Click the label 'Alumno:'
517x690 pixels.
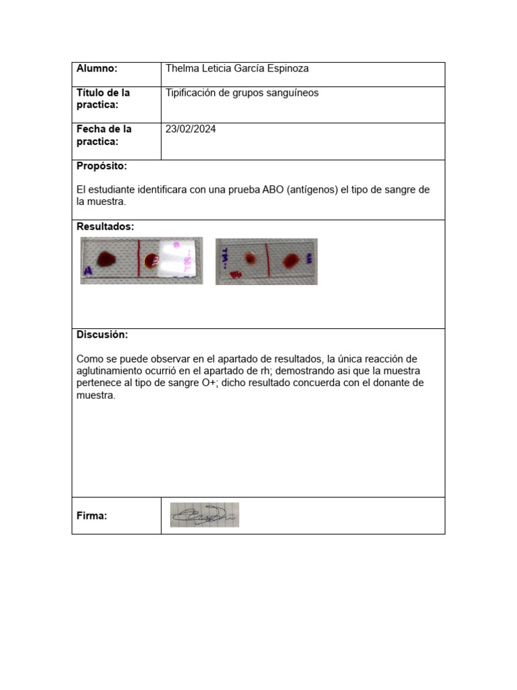[97, 69]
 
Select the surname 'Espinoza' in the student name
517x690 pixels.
[289, 69]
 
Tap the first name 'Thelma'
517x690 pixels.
[181, 69]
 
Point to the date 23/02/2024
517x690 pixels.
[191, 129]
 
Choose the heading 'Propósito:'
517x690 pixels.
[102, 166]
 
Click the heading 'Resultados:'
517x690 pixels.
[105, 226]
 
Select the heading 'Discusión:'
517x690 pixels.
[102, 335]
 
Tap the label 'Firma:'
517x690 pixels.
[92, 516]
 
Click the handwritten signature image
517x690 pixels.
[204, 515]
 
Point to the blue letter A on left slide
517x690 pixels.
[88, 272]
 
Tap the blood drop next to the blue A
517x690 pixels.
[106, 258]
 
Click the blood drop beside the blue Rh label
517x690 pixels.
[250, 259]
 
